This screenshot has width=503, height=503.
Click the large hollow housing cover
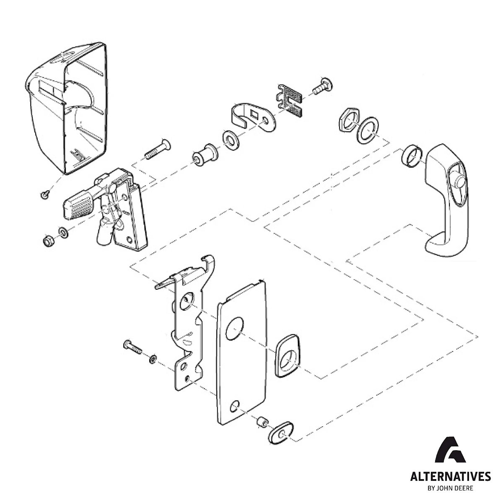coord(67,109)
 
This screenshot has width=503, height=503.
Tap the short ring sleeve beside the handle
coord(410,157)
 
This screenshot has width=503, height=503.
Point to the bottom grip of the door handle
coord(444,245)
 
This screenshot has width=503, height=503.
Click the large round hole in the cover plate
coord(234,328)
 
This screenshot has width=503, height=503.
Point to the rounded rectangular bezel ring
coord(287,355)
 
